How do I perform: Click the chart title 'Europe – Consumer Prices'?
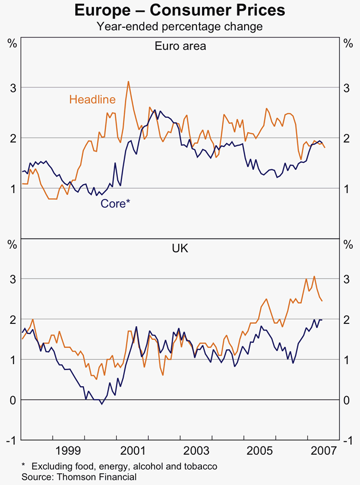(x=179, y=11)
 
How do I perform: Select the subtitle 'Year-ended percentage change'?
(x=179, y=27)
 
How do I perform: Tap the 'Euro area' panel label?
(x=180, y=46)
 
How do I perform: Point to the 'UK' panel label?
(x=180, y=249)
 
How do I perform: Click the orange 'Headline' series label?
(x=92, y=99)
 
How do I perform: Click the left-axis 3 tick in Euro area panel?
(x=12, y=88)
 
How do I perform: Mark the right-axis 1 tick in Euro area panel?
(x=348, y=189)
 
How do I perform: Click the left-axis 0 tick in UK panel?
(x=12, y=400)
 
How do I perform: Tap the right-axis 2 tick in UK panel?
(x=348, y=319)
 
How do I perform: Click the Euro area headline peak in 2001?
(x=128, y=82)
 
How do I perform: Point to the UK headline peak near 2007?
(x=314, y=277)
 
